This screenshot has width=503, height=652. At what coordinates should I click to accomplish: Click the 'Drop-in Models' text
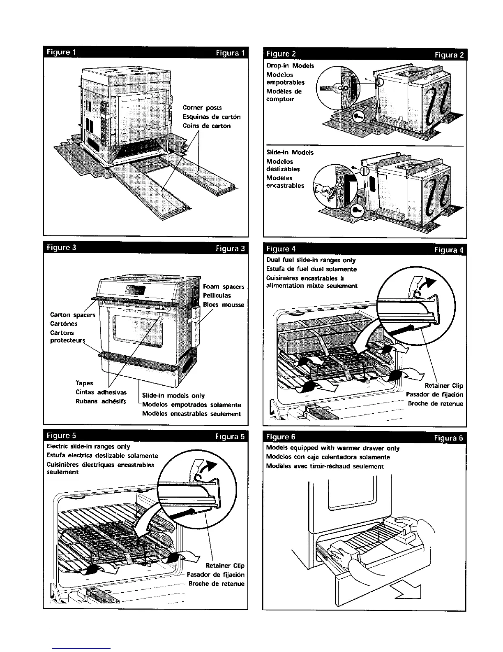click(290, 66)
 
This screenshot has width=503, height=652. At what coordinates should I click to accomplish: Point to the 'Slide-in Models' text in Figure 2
click(290, 152)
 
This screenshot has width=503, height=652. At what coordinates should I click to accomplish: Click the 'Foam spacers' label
click(224, 286)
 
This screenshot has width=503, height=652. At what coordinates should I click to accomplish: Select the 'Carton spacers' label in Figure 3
click(72, 315)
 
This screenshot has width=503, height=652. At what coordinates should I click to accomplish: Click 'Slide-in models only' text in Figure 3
click(173, 396)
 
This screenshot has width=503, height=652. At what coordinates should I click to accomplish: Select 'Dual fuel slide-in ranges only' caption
click(311, 260)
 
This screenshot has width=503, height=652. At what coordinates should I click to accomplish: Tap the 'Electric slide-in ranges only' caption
click(88, 447)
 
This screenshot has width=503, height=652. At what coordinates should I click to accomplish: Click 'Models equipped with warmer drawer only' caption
click(332, 448)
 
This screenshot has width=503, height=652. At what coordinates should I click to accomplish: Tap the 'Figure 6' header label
click(281, 437)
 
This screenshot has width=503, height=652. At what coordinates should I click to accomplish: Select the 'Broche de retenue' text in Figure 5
click(216, 584)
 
